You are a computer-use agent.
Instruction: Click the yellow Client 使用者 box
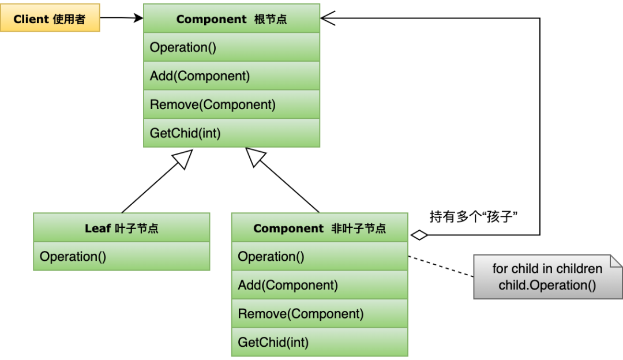coord(50,18)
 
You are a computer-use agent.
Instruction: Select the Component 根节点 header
coord(231,18)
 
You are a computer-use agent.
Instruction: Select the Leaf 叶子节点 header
coord(121,228)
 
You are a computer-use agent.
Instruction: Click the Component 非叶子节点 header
coord(320,228)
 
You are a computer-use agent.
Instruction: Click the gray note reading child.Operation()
coord(547,277)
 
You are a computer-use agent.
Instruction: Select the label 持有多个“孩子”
coord(473,216)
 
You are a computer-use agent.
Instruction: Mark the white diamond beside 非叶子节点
coord(419,235)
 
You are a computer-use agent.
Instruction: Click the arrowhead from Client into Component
coord(138,18)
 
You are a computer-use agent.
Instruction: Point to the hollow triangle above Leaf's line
coord(183,158)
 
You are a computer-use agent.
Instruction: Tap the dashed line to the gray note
coord(441,267)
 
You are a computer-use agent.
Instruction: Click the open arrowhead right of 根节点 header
coord(328,18)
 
